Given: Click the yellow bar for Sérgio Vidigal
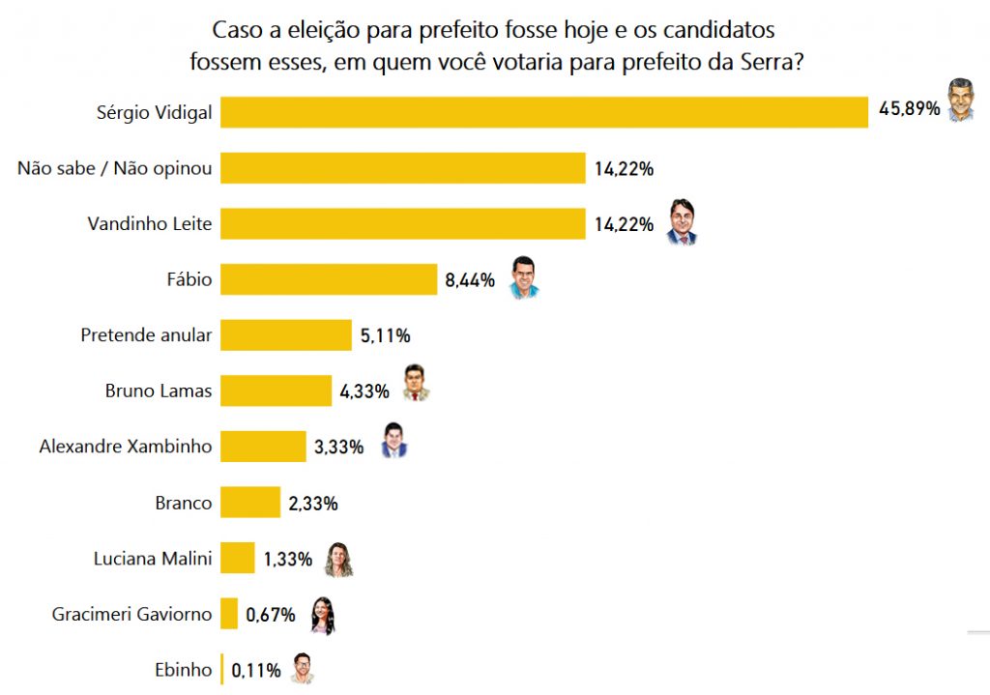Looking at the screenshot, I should (x=544, y=111).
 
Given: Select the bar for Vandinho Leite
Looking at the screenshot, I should (x=403, y=224).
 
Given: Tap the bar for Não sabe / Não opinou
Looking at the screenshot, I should (x=403, y=168).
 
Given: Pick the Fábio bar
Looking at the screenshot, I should (x=329, y=280).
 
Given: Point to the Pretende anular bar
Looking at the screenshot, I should (x=286, y=335).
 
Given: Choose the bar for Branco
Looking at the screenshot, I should (x=250, y=503).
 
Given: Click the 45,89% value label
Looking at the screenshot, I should (x=909, y=109).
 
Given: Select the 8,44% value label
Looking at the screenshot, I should (x=470, y=280).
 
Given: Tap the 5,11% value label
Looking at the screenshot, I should (x=385, y=335).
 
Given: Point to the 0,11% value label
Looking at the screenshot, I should (x=255, y=670).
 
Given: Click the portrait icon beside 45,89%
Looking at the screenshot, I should (x=960, y=100).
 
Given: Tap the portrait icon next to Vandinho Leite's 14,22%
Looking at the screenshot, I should (x=682, y=222).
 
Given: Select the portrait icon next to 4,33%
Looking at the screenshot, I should (x=416, y=383).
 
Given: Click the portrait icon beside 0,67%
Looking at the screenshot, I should (x=323, y=615).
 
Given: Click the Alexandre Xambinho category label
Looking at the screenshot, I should (x=126, y=447).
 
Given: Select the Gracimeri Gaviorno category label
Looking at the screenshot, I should (x=131, y=614).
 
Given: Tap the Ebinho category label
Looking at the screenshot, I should (x=184, y=670).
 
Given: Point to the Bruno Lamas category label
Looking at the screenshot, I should (x=159, y=391).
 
